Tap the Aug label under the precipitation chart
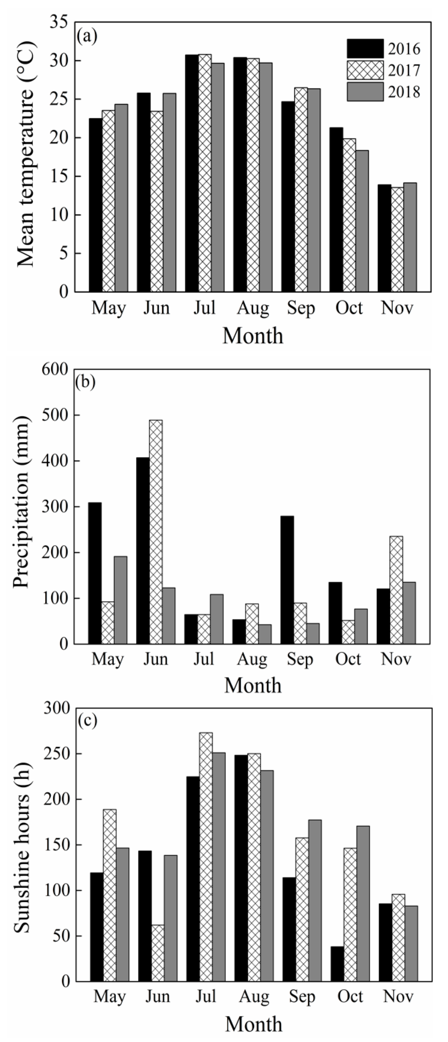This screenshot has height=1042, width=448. (252, 660)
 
